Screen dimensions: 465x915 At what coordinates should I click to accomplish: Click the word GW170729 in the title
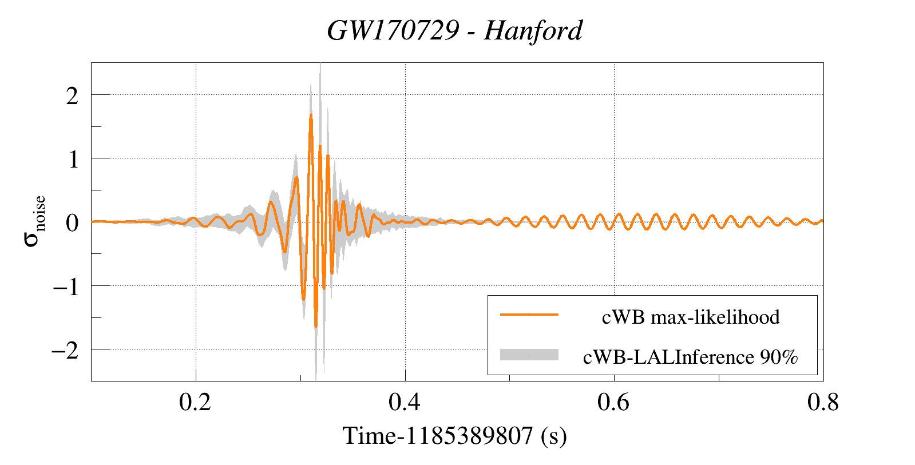(393, 30)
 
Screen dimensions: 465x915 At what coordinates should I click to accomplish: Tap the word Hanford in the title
(533, 30)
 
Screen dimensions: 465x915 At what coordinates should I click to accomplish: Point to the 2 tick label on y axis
(72, 96)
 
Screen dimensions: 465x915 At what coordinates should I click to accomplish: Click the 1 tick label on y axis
(73, 159)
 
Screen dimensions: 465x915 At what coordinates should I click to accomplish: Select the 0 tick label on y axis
(72, 222)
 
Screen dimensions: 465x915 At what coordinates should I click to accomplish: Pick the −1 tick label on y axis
(65, 286)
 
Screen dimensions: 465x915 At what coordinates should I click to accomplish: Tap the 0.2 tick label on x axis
(195, 403)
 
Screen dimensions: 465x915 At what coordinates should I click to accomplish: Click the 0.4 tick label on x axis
(405, 403)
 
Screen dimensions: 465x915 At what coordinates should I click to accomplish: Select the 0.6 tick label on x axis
(613, 403)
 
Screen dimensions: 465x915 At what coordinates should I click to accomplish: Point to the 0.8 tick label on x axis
(823, 403)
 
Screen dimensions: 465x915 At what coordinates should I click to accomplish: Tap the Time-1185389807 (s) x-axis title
(454, 436)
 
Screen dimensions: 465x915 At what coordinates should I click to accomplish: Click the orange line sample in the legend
(529, 315)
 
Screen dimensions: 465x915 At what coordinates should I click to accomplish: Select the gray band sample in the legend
(529, 355)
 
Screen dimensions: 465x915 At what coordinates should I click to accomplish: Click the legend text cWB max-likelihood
(691, 317)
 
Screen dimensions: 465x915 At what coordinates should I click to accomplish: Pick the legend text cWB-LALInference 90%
(690, 357)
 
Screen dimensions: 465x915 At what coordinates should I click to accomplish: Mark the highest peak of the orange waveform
(311, 115)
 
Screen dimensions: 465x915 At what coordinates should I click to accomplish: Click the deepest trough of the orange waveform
(315, 327)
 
